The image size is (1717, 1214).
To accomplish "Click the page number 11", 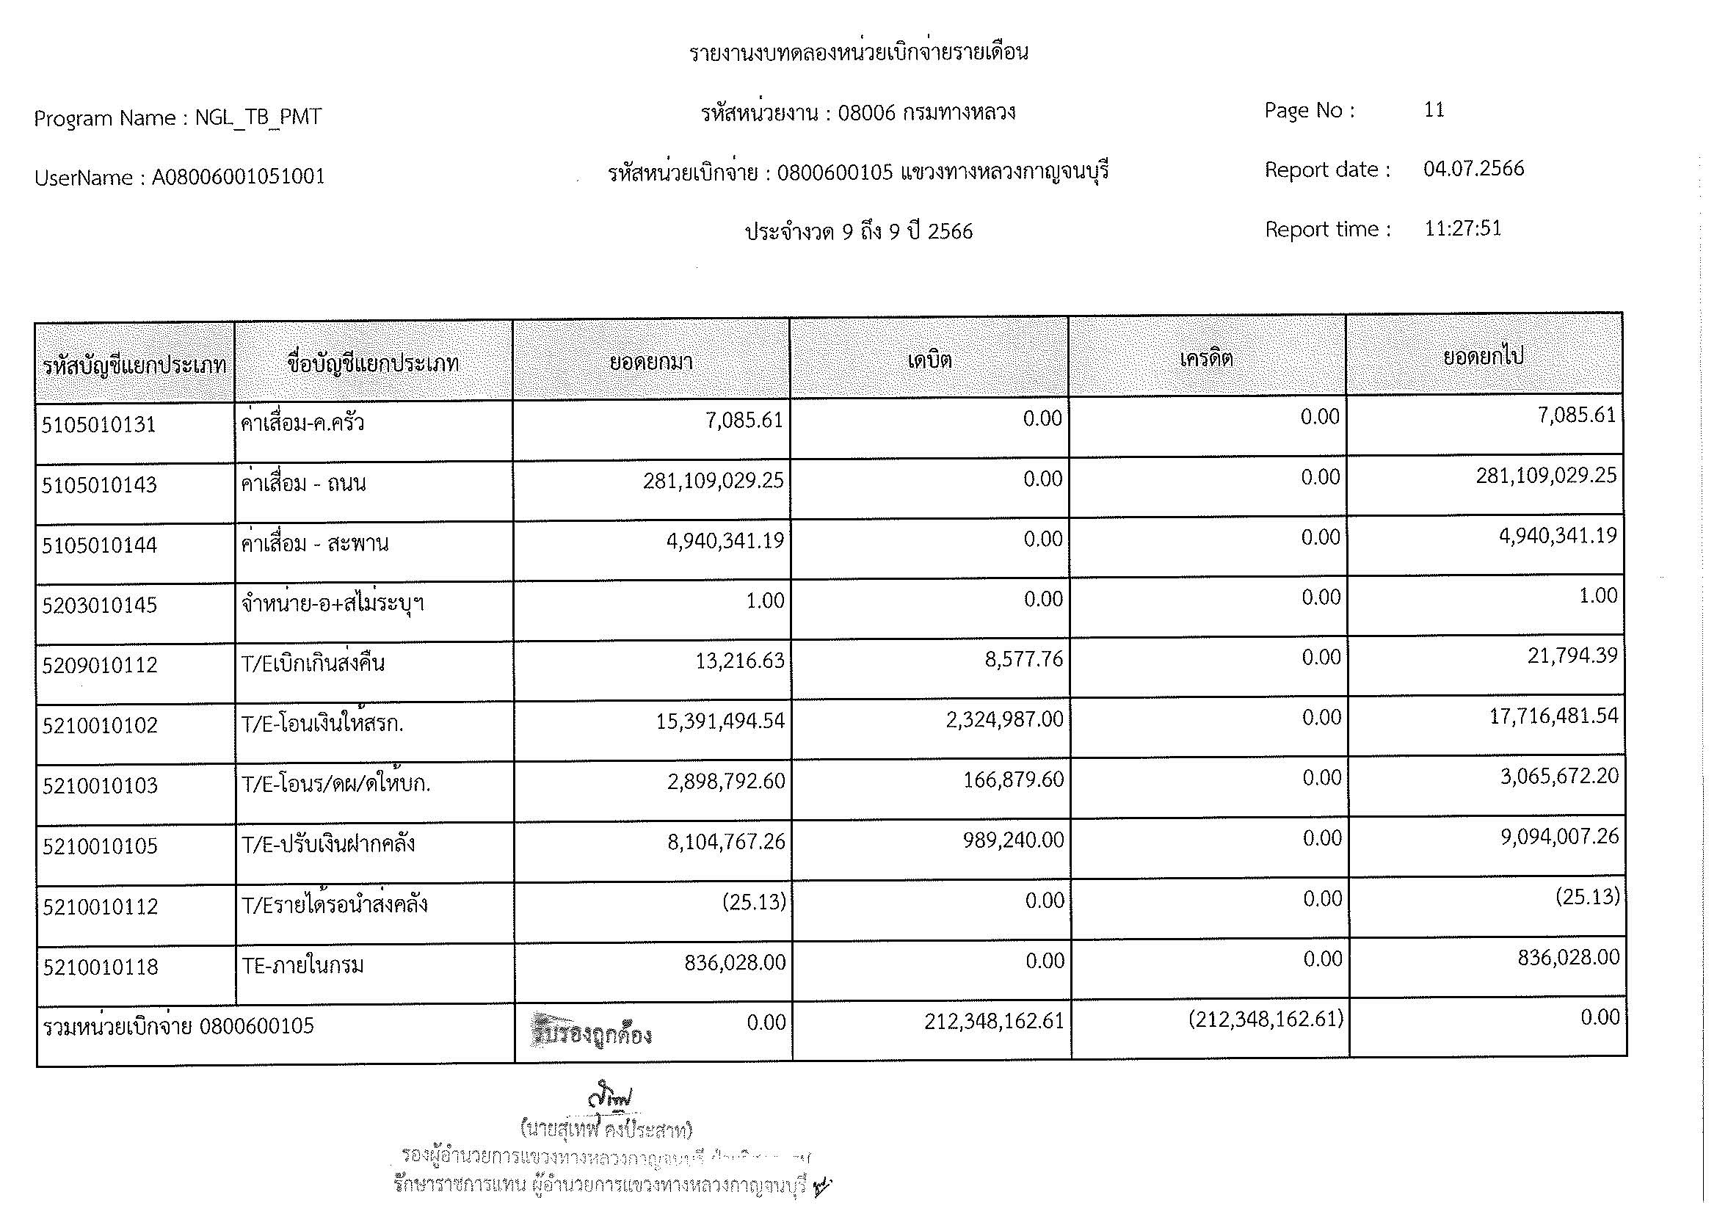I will pos(1434,110).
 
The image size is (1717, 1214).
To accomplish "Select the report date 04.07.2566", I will pos(1473,169).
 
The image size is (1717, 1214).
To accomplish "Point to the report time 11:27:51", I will pos(1462,228).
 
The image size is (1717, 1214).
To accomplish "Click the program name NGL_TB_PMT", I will pos(258,117).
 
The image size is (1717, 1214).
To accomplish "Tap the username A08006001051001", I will pos(238,177).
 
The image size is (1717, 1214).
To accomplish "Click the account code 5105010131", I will pos(98,424).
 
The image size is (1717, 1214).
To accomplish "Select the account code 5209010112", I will pos(99,664).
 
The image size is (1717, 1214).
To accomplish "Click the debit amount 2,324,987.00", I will pos(1004,719).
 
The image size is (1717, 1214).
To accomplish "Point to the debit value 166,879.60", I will pos(1013,779).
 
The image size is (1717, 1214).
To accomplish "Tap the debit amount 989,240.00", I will pos(1013,840).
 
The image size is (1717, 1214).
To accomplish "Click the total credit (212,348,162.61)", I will pos(1266,1019).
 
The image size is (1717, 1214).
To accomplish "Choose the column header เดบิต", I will pos(929,360).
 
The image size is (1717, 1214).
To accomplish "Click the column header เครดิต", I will pos(1206,359).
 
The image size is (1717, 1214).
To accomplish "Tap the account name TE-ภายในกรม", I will pos(303,966).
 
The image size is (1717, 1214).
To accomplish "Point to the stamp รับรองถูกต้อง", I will pos(591,1031).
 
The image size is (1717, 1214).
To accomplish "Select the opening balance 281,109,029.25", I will pos(713,480).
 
